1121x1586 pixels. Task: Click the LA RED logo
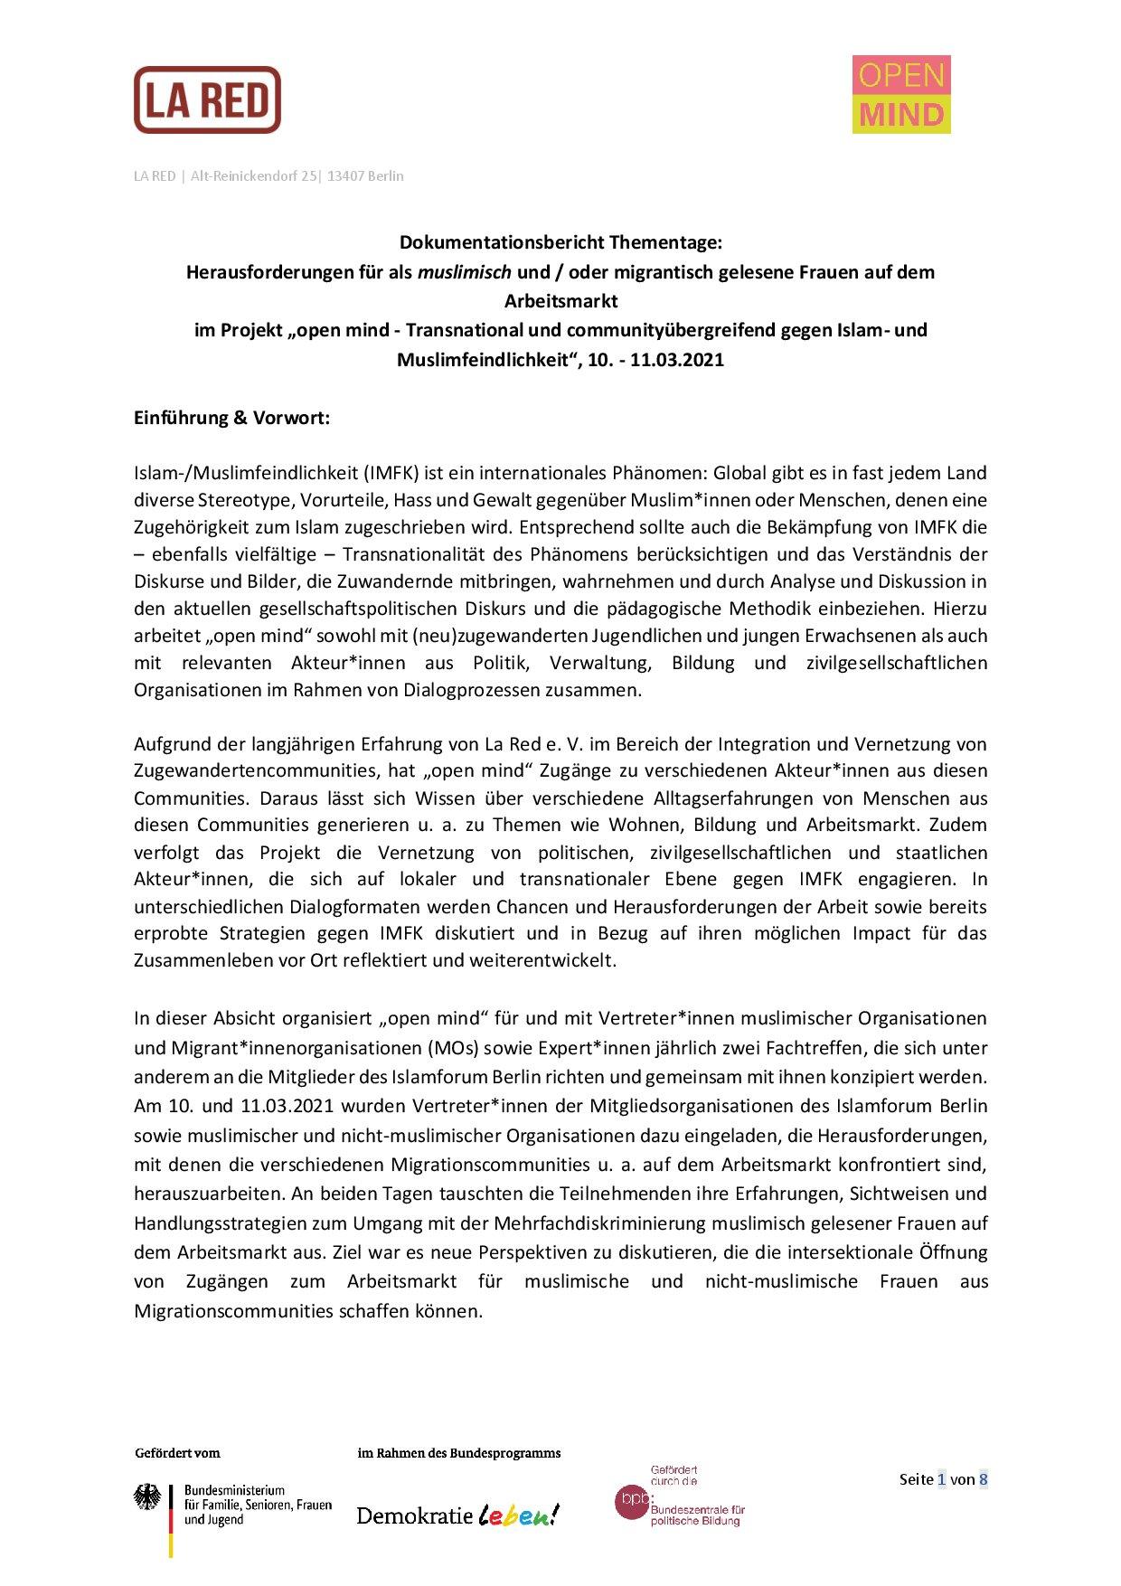[x=207, y=99]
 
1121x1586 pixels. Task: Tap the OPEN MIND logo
[x=900, y=94]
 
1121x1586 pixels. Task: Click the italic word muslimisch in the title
[x=464, y=272]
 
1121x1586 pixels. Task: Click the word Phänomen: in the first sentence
[x=664, y=473]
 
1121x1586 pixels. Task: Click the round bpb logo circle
[x=631, y=1501]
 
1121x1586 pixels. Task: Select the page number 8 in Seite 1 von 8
[x=983, y=1479]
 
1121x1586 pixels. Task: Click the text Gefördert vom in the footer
[x=177, y=1453]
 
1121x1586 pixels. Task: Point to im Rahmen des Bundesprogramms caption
[x=459, y=1453]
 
